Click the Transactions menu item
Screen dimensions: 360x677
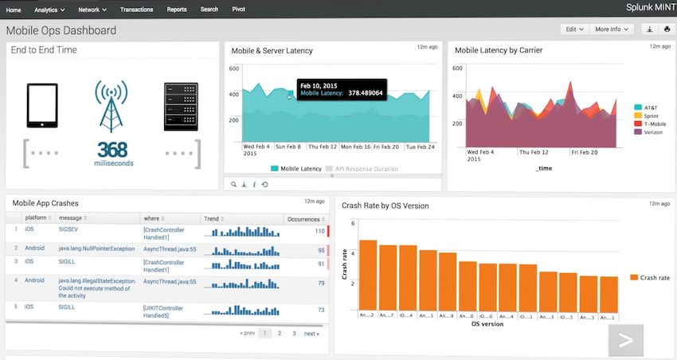136,10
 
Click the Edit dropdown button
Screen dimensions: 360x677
573,29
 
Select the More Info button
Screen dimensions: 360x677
612,29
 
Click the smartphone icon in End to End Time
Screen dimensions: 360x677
42,104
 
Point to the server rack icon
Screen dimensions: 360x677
181,106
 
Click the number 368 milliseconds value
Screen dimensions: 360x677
112,150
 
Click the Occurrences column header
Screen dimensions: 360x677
303,218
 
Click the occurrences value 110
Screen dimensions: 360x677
319,231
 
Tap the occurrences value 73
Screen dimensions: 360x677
320,309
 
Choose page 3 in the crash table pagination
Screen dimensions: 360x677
294,334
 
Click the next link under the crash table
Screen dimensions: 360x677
311,334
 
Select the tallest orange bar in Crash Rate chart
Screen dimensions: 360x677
368,275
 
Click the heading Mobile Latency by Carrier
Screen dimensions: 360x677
499,50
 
